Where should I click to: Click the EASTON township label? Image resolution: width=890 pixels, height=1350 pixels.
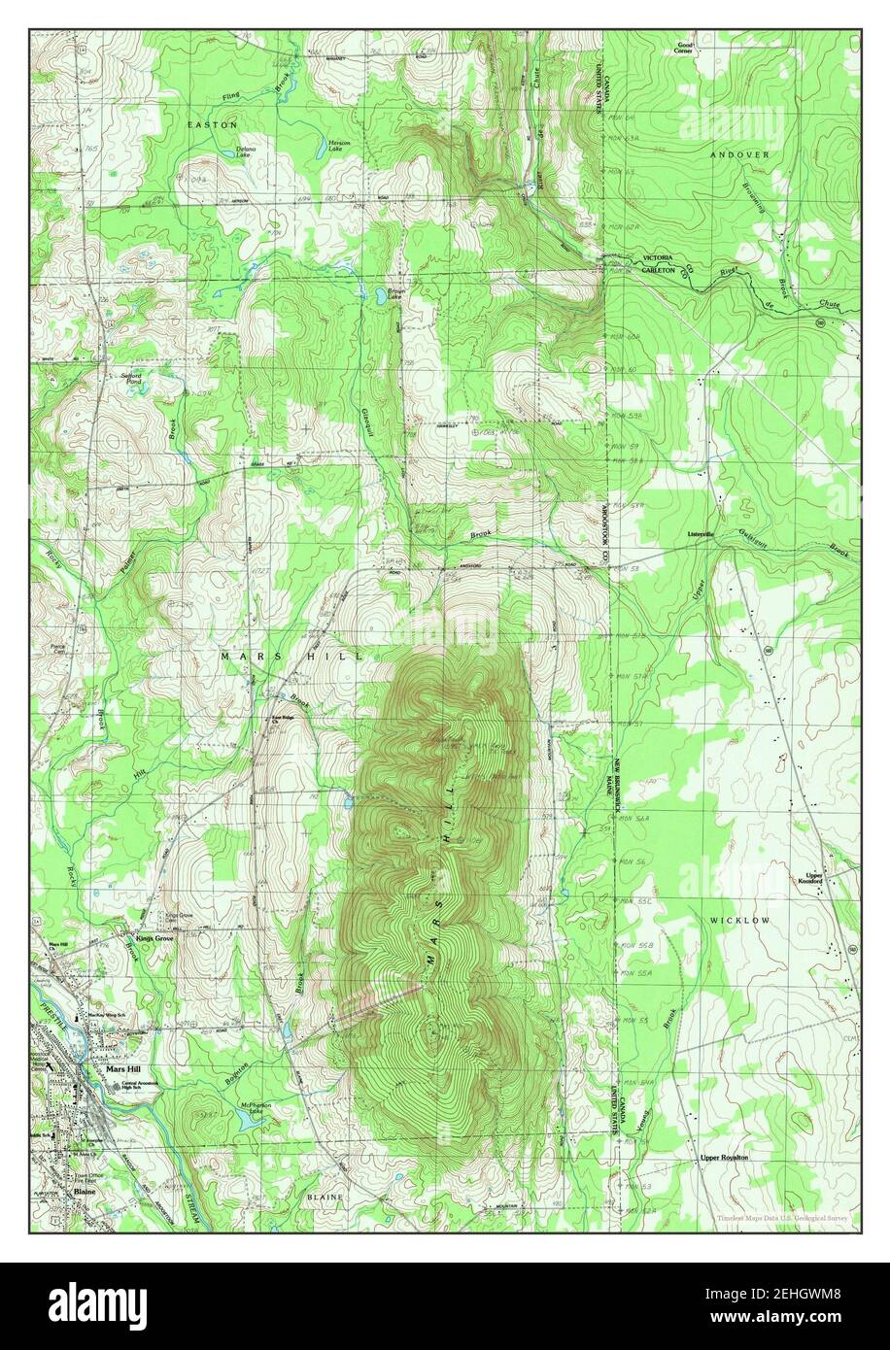tap(209, 125)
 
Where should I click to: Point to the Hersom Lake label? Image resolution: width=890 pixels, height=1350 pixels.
tap(337, 146)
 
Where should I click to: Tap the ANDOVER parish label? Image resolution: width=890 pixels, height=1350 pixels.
tap(738, 154)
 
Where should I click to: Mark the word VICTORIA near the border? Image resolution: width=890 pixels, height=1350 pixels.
tap(659, 258)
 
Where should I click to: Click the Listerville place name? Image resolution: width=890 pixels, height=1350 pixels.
tap(700, 534)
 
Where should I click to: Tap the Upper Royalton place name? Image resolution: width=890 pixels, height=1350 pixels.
tap(724, 1158)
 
